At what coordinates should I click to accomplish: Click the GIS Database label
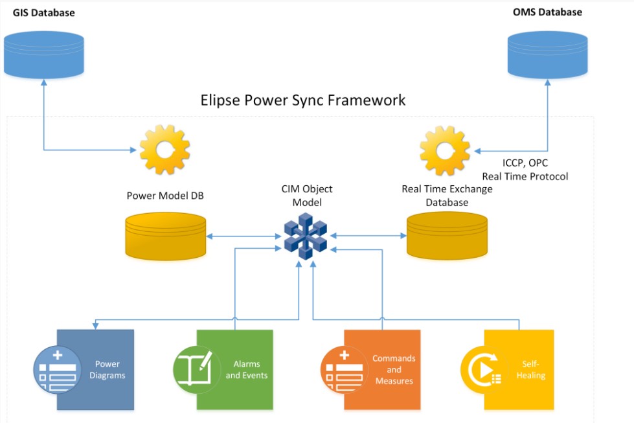pyautogui.click(x=43, y=13)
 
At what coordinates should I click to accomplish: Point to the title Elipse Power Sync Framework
pyautogui.click(x=304, y=100)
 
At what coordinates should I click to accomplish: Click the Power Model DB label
pyautogui.click(x=165, y=195)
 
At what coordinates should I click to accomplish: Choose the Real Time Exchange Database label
pyautogui.click(x=447, y=195)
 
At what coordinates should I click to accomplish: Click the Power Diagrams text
pyautogui.click(x=107, y=370)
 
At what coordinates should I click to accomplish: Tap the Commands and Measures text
pyautogui.click(x=394, y=370)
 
